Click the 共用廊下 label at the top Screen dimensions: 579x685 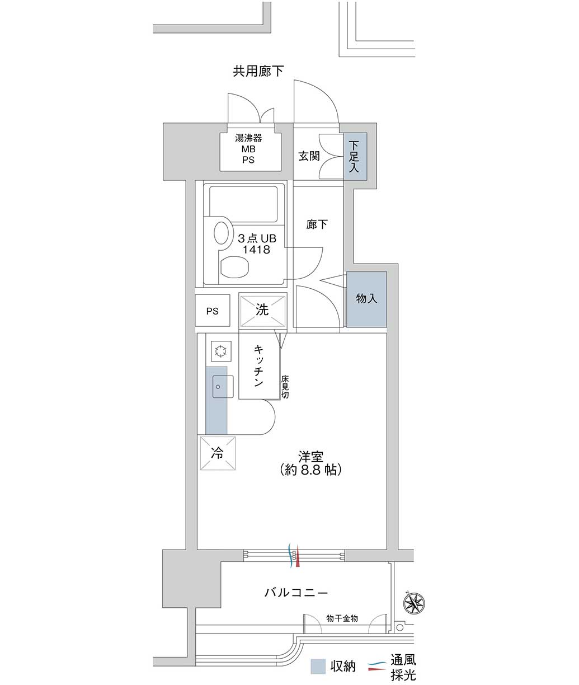258,71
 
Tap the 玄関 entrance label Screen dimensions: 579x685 309,156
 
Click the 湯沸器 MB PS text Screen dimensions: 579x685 248,149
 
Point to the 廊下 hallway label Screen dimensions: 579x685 317,224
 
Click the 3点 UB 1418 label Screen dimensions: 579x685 257,244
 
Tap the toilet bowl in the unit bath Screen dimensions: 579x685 234,268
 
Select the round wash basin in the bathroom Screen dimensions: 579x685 222,233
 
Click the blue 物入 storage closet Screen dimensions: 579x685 366,299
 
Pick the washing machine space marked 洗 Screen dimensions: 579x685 262,311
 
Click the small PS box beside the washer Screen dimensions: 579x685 213,311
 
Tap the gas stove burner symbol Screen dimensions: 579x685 221,351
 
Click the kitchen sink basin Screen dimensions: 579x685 223,386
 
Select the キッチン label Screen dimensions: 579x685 258,366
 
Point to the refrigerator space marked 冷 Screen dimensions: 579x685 218,453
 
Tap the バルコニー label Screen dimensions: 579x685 296,593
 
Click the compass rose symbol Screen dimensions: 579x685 414,603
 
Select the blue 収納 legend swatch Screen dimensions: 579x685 318,667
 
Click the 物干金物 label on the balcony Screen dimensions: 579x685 342,618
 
